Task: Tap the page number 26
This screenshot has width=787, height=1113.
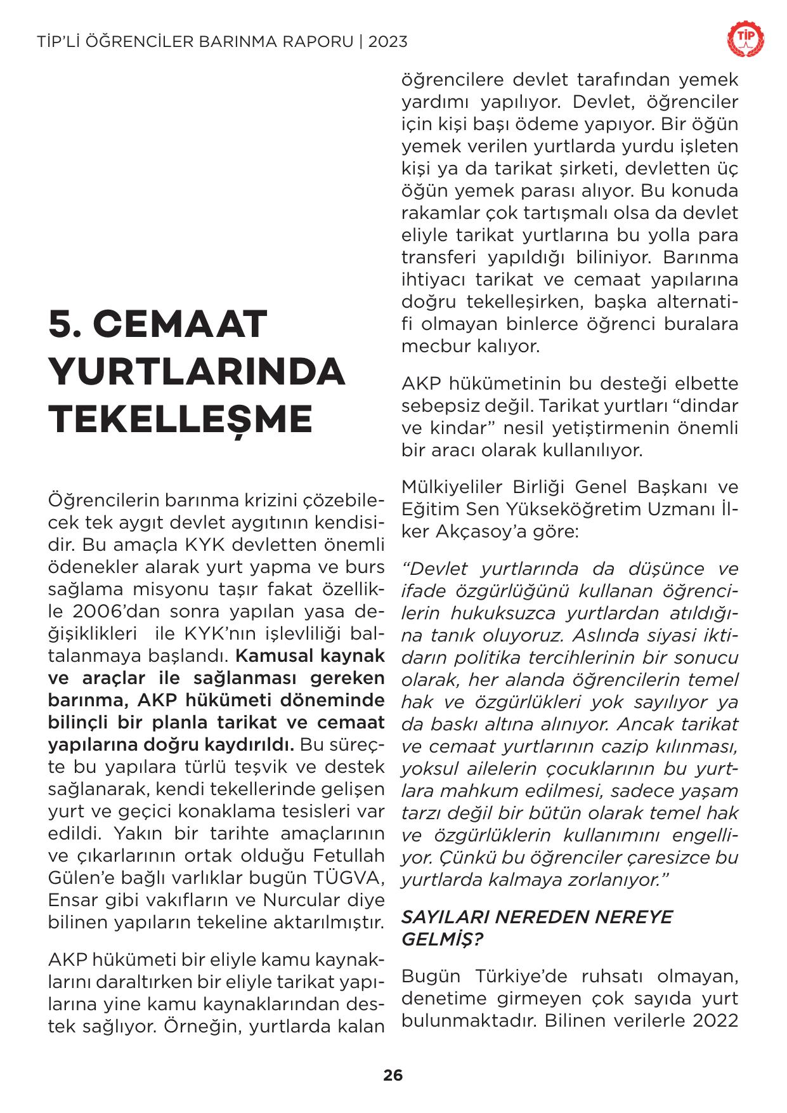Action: pos(393,1076)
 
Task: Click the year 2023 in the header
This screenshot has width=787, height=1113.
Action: pos(387,43)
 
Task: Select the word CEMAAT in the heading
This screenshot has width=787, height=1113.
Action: pos(181,324)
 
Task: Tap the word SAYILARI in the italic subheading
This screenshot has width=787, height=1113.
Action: pos(444,918)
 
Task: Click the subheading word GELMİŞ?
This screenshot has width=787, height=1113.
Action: pos(441,940)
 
